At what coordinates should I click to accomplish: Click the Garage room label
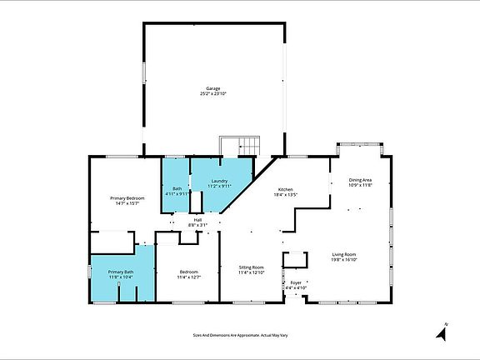[213, 88]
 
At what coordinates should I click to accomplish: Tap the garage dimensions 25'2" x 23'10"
[213, 94]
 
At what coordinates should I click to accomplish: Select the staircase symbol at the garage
[230, 145]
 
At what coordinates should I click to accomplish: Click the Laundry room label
[219, 181]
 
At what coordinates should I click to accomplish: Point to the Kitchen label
[285, 189]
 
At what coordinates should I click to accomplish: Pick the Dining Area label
[360, 180]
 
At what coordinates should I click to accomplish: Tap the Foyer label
[296, 282]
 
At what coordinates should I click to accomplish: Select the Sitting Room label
[251, 267]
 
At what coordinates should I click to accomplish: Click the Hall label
[198, 219]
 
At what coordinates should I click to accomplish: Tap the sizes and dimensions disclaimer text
[240, 335]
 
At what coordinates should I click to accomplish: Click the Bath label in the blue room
[177, 188]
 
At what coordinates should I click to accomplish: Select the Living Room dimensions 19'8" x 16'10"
[344, 259]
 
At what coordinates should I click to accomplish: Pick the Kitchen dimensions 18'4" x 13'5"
[286, 195]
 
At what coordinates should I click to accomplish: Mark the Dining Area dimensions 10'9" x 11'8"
[360, 186]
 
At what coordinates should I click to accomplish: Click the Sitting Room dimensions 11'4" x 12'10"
[251, 272]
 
